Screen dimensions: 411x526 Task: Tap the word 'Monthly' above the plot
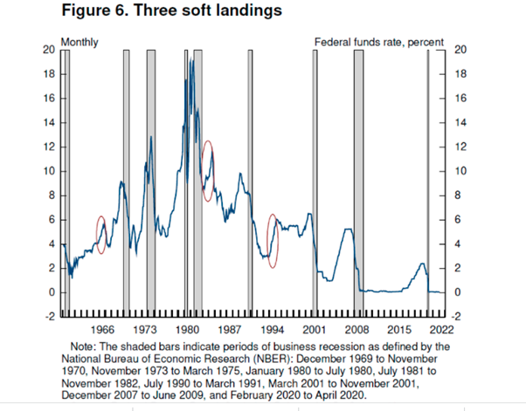[x=80, y=41]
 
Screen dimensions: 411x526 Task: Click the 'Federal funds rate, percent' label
[x=378, y=41]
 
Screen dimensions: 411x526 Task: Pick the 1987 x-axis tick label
[x=231, y=330]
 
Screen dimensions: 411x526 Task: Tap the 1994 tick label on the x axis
[x=273, y=330]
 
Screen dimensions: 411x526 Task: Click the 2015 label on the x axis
[x=400, y=330]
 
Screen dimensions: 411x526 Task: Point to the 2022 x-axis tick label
[x=440, y=330]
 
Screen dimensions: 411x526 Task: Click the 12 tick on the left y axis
[x=49, y=147]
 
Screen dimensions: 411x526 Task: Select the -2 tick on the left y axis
[x=49, y=317]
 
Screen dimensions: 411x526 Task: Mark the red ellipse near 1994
[x=273, y=240]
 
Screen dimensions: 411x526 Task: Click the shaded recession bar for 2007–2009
[x=358, y=175]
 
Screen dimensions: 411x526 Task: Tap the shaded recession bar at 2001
[x=315, y=175]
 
